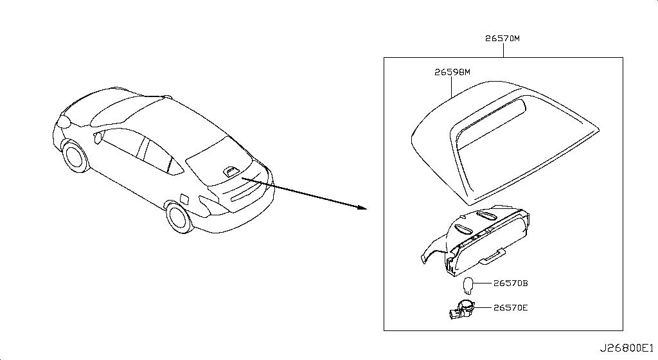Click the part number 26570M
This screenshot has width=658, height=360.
click(x=502, y=39)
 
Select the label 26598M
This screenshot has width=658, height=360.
click(x=452, y=72)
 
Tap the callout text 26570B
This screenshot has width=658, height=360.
click(x=510, y=283)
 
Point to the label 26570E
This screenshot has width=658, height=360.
click(x=510, y=307)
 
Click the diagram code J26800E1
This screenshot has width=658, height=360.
click(x=627, y=348)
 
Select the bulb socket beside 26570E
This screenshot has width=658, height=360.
click(x=461, y=310)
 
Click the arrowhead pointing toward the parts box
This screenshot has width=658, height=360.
click(x=362, y=207)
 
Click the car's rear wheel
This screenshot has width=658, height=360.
click(x=179, y=217)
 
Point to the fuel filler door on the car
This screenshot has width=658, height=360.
click(x=184, y=199)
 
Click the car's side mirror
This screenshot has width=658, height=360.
click(x=98, y=137)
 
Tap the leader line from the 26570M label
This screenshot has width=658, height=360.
click(x=503, y=50)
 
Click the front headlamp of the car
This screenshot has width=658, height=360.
click(x=64, y=122)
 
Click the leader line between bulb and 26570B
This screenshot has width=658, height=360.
click(x=483, y=283)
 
